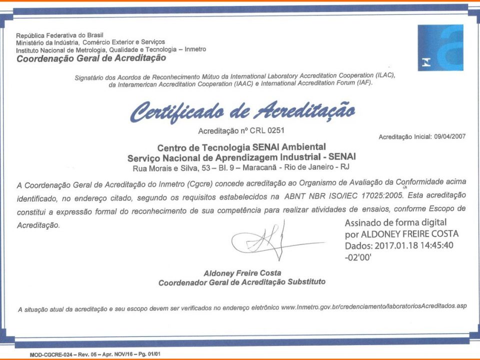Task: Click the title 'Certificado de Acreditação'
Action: (243, 110)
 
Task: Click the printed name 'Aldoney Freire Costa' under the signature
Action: (242, 273)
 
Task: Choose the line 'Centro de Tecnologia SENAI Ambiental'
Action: (241, 147)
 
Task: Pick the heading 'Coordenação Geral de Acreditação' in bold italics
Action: (91, 58)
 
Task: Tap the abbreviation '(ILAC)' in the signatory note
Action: (383, 76)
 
